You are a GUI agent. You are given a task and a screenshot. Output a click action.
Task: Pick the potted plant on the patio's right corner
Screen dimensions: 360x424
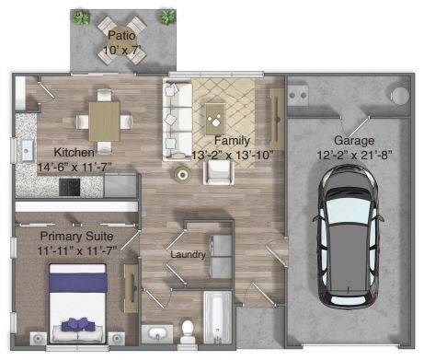point(166,16)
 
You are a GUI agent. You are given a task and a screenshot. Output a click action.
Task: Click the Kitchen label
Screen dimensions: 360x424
point(74,152)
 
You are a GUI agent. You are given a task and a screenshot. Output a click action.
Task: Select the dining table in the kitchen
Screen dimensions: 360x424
point(104,116)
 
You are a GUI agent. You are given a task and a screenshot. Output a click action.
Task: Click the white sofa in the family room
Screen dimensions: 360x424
point(177,118)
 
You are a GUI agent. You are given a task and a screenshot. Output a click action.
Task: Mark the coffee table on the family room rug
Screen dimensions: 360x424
point(216,114)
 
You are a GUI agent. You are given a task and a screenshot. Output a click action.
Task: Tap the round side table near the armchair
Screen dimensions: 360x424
point(181,175)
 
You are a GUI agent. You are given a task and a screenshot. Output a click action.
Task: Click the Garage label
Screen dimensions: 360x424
point(353,141)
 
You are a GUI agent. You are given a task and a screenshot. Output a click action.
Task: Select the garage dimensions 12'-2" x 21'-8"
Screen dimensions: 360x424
point(353,156)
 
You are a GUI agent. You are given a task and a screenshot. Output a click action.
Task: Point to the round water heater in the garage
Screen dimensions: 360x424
point(399,95)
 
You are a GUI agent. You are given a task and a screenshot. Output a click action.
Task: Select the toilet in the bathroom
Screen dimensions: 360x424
point(189,330)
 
